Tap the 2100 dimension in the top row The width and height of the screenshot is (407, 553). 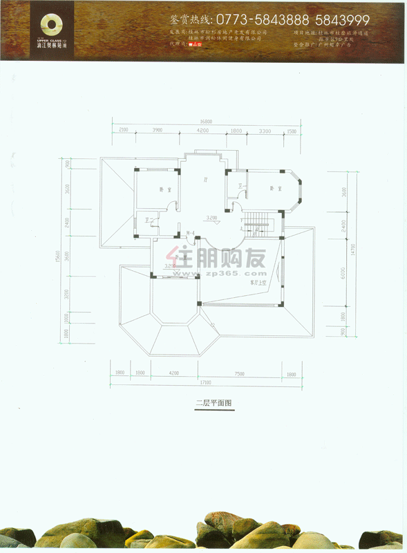pyautogui.click(x=124, y=130)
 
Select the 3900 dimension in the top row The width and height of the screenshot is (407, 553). pyautogui.click(x=157, y=130)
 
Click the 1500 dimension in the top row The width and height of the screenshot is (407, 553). pyautogui.click(x=291, y=130)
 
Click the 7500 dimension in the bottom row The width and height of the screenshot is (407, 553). pyautogui.click(x=239, y=373)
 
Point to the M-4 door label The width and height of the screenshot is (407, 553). pyautogui.click(x=189, y=234)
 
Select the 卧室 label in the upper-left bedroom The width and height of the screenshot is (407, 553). pyautogui.click(x=162, y=189)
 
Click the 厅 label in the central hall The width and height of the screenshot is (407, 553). pyautogui.click(x=205, y=180)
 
